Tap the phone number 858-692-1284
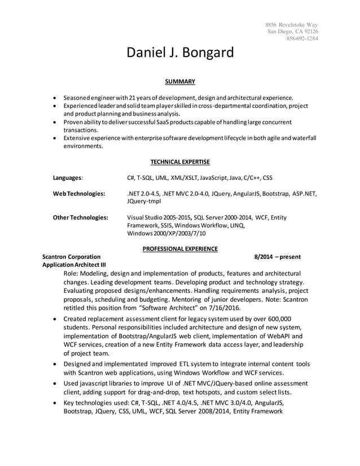[x=301, y=39]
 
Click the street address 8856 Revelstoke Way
[x=292, y=25]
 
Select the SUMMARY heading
[x=180, y=82]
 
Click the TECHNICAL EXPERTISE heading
[x=180, y=162]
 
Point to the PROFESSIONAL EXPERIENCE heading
[x=180, y=248]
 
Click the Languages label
[x=67, y=178]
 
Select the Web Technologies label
[x=78, y=194]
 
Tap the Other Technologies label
[x=80, y=217]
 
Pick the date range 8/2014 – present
[x=278, y=257]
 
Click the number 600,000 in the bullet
[x=276, y=319]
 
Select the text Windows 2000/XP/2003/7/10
[x=167, y=233]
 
